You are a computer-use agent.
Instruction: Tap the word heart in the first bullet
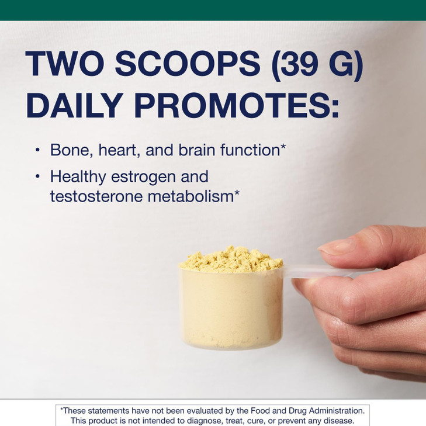(x=116, y=151)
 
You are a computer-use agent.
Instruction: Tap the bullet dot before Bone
(x=38, y=150)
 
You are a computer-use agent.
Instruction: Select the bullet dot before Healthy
(x=38, y=176)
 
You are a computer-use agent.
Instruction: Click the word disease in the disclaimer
(x=338, y=421)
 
